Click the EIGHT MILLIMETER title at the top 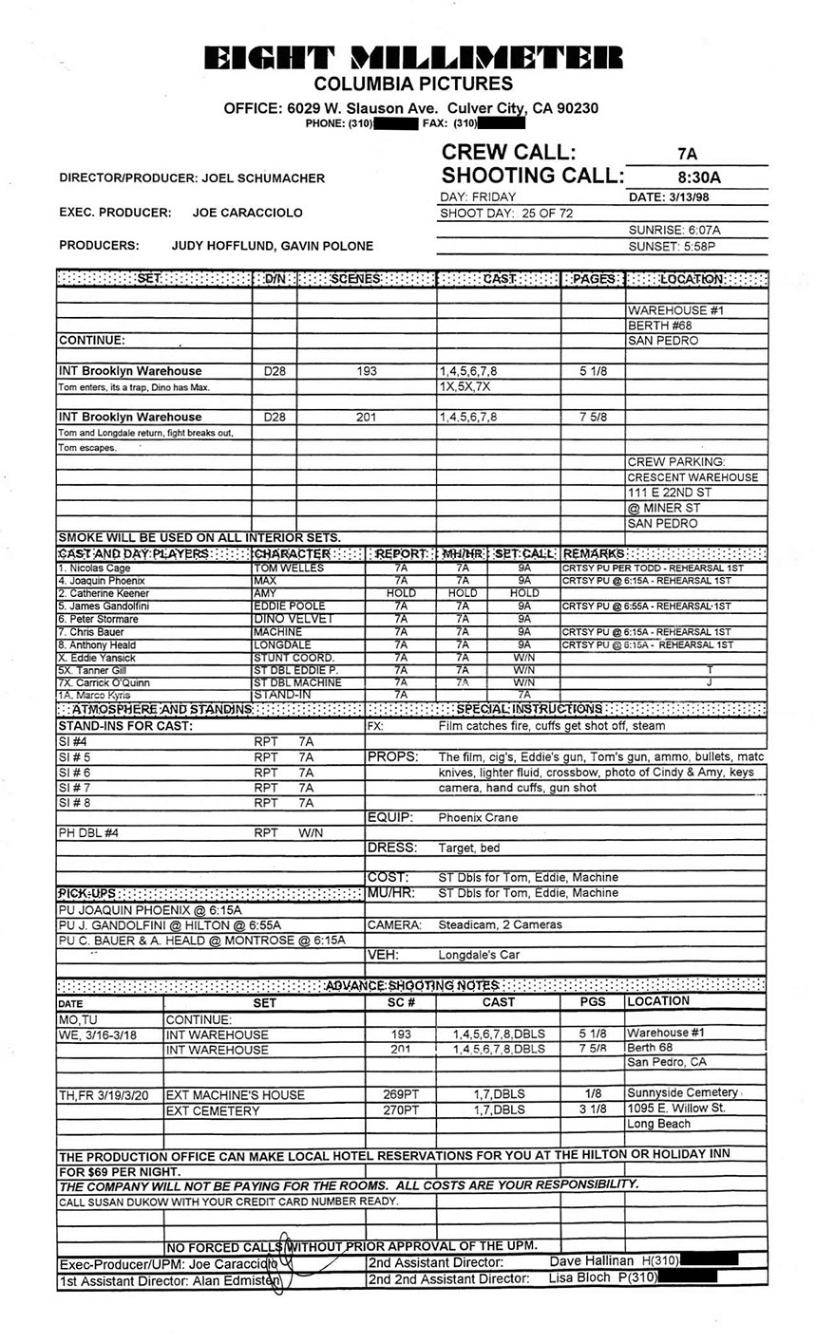point(414,58)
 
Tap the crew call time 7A point(688,154)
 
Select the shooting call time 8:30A point(699,177)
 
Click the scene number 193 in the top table point(367,371)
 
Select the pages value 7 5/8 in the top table point(593,417)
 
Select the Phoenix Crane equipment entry point(478,817)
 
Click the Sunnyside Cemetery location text point(681,1093)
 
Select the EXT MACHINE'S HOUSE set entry point(235,1094)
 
